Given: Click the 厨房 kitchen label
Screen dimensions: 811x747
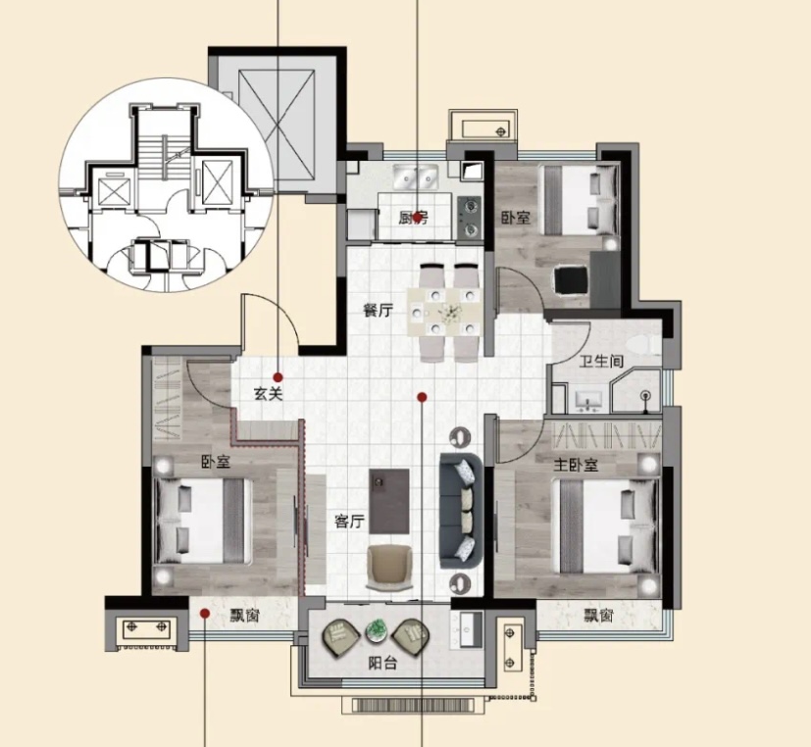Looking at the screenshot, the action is pos(413,219).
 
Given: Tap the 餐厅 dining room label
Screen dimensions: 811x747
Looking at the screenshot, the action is pos(378,310).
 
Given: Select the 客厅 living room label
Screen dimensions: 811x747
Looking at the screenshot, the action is pos(349,522).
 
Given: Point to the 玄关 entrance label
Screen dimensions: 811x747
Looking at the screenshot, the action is pos(269,394).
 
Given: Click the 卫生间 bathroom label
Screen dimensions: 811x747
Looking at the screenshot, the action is pos(601,361).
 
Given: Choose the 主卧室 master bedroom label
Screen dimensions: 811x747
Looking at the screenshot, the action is pos(576,466).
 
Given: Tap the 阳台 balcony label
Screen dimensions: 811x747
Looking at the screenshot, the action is pos(382,663).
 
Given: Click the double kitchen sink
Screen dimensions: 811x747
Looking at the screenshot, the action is pos(416,176).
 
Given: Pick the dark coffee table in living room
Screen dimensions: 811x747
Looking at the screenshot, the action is pos(389,502).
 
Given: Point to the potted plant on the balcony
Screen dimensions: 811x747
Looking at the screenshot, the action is pos(376,630).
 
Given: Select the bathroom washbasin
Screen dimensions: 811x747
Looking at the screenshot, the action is pos(588,401).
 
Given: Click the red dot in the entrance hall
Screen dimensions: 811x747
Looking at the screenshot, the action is pos(279,377).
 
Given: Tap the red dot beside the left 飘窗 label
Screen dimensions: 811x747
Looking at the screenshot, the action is pos(205,613).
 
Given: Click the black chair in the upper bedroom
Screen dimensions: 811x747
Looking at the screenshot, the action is pos(571,280).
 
